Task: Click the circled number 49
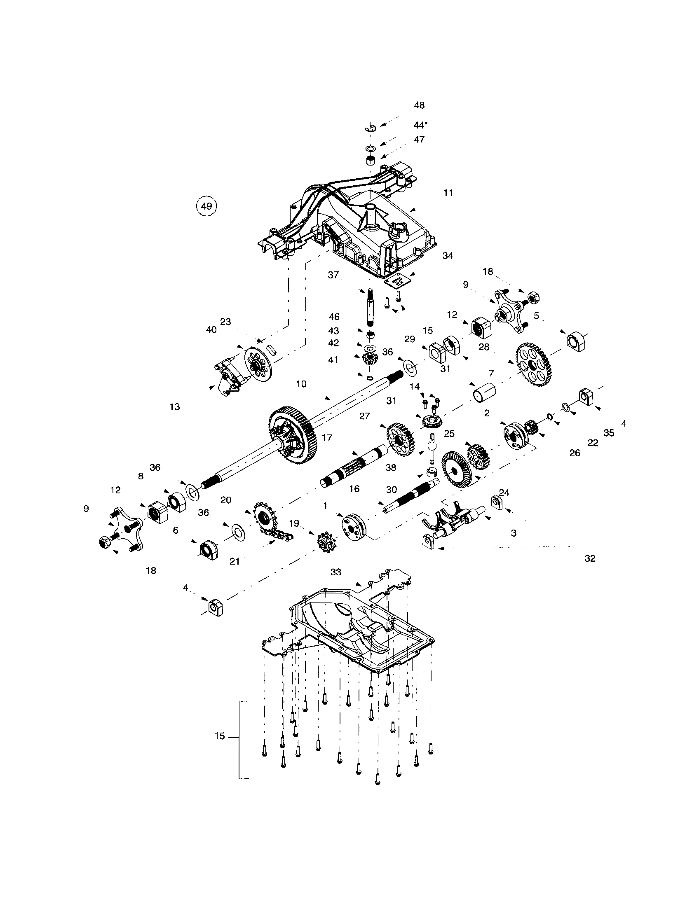pyautogui.click(x=206, y=206)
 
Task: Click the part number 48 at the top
pyautogui.click(x=419, y=105)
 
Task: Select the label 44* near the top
pyautogui.click(x=420, y=125)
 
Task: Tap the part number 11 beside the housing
pyautogui.click(x=448, y=193)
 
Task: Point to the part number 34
pyautogui.click(x=448, y=256)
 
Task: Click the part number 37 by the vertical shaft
pyautogui.click(x=333, y=275)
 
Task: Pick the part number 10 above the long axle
pyautogui.click(x=301, y=384)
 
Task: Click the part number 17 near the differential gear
pyautogui.click(x=327, y=438)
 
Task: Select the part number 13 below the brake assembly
pyautogui.click(x=175, y=407)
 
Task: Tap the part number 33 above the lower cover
pyautogui.click(x=336, y=572)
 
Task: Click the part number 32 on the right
pyautogui.click(x=590, y=558)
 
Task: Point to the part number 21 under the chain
pyautogui.click(x=235, y=561)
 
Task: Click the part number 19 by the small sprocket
pyautogui.click(x=294, y=523)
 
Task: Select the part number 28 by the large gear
pyautogui.click(x=484, y=347)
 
